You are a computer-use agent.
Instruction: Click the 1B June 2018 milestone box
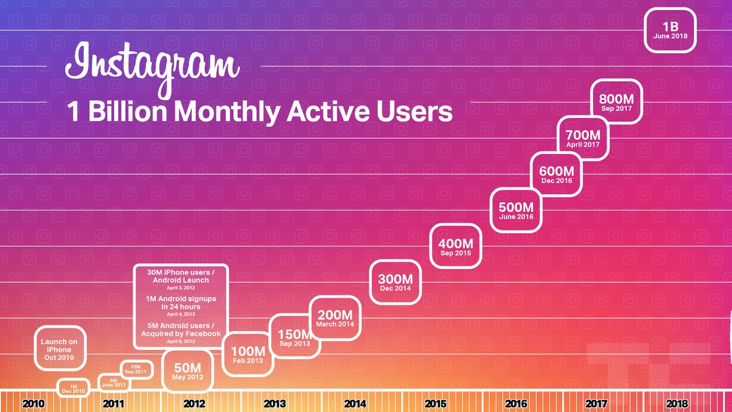coord(670,30)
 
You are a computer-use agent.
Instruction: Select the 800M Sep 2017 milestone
coord(616,102)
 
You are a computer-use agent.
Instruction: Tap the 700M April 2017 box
coord(583,138)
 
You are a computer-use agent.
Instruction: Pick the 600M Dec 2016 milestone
coord(556,174)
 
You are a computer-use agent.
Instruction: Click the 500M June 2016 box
coord(516,210)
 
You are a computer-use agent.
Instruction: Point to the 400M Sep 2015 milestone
coord(456,246)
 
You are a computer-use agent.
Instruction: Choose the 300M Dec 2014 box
coord(395,282)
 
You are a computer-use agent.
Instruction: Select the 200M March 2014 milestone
coord(335,318)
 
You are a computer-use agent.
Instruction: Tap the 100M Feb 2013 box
coord(248,354)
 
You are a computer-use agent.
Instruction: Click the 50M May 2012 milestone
coord(187,371)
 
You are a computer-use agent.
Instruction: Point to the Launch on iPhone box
coord(59,349)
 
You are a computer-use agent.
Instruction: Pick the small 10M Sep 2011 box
coord(136,369)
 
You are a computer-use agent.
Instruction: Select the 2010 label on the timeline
coord(33,404)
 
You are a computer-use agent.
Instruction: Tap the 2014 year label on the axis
coord(355,404)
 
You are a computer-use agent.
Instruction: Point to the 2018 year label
coord(677,404)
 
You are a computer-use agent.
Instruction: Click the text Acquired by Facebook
coord(181,334)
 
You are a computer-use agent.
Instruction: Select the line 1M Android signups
coord(181,299)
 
